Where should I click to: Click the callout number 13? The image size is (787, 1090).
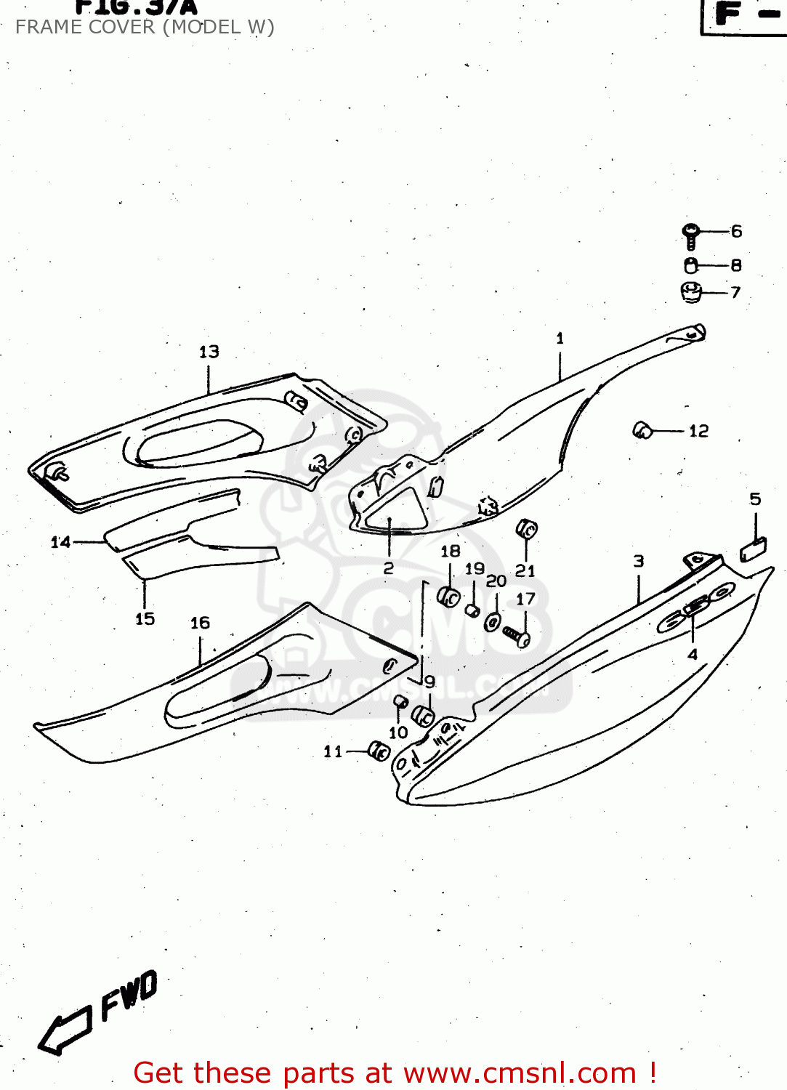point(209,352)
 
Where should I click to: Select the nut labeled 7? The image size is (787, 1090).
point(690,292)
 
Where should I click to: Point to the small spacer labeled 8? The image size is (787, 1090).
point(690,265)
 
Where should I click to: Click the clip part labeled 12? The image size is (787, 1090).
point(642,430)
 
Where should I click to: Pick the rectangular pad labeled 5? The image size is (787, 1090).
point(754,550)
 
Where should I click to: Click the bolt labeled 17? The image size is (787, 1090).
point(517,637)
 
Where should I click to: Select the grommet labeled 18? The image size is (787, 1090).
point(448,597)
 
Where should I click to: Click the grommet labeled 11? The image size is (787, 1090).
point(379,751)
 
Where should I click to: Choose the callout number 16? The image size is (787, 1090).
point(200,623)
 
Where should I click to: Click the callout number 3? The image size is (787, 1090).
point(638,561)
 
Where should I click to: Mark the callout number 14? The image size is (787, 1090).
point(60,541)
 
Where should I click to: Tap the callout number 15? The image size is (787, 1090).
point(145,618)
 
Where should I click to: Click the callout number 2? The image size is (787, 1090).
point(388,568)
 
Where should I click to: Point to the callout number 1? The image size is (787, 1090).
point(560,338)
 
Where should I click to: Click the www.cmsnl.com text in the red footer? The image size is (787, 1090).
point(520,1073)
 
